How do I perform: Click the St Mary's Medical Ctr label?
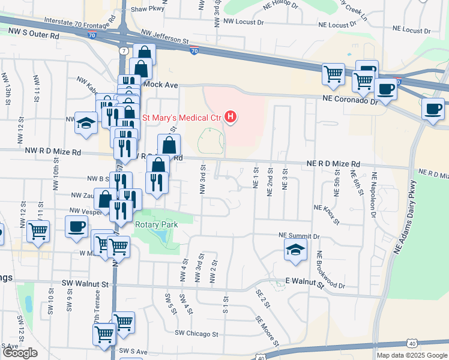click(181, 116)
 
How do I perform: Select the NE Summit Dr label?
click(299, 236)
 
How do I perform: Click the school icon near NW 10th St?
click(86, 123)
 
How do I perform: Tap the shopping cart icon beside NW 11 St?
click(38, 230)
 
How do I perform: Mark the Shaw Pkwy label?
click(147, 9)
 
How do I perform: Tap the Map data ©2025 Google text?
click(411, 355)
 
